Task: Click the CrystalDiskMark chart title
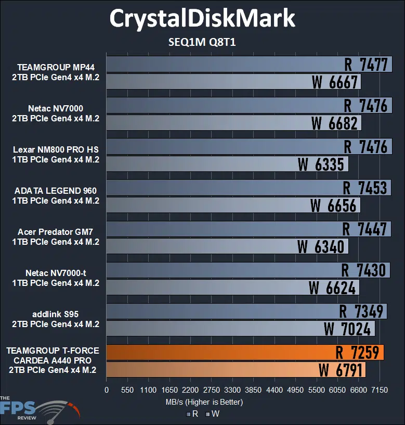click(202, 19)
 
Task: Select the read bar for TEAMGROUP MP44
click(224, 64)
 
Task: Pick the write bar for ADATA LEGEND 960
click(208, 205)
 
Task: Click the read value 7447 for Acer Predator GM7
click(365, 229)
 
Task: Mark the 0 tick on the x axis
click(107, 390)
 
